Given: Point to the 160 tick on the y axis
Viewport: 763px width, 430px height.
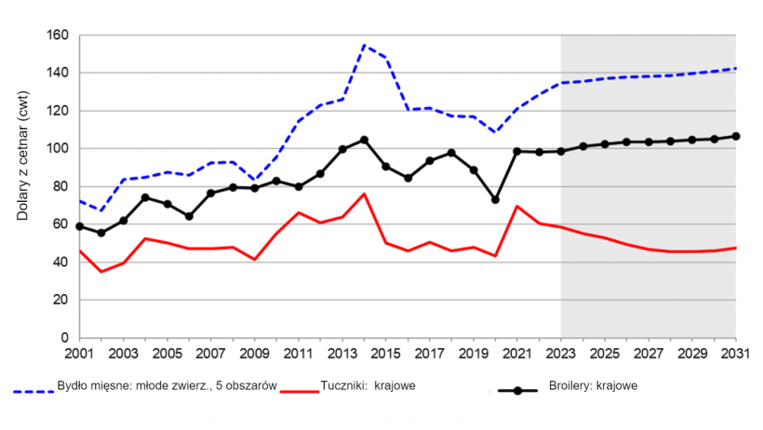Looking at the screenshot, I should pos(57,35).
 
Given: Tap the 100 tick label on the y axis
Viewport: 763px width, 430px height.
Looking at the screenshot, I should pos(57,149).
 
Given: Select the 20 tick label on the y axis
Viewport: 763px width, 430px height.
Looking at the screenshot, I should pos(62,300).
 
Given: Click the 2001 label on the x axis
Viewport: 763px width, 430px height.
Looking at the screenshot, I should pos(80,355).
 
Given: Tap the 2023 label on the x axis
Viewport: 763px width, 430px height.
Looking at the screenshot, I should pos(561,355).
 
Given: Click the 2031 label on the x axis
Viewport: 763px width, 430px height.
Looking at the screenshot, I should pos(735,355).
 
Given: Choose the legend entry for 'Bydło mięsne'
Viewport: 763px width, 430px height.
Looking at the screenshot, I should pos(149,386).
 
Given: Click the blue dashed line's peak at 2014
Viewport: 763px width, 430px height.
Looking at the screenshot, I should pos(364,45).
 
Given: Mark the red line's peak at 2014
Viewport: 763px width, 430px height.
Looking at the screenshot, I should pos(364,194).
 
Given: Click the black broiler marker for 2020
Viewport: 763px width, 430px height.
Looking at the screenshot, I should pos(495,200).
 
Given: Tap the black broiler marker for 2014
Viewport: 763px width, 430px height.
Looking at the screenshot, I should pos(364,140).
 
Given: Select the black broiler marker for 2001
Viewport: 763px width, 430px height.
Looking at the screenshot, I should pos(80,226).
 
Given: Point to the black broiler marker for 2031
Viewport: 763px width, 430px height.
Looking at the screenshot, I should pos(735,136).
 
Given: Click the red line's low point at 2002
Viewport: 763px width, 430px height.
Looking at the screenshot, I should pos(101,271).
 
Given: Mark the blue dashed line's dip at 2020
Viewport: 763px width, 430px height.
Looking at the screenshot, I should pos(495,132).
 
